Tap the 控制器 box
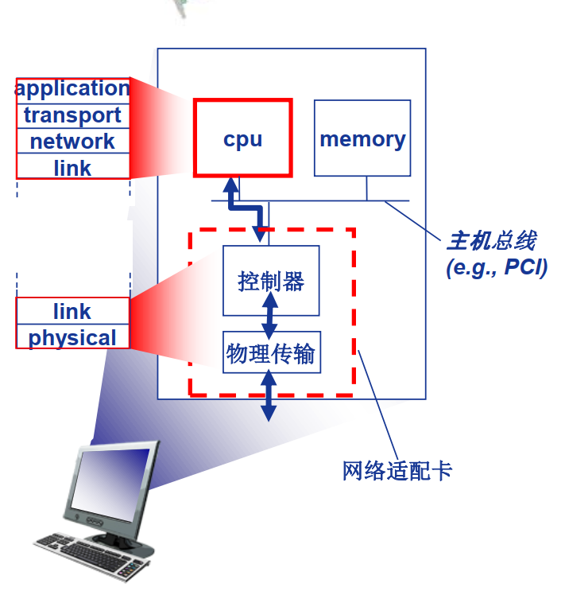[270, 280]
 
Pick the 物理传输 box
[270, 352]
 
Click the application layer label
[72, 88]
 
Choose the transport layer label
[72, 115]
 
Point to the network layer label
[72, 142]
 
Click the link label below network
[72, 168]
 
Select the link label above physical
[72, 311]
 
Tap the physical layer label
[72, 337]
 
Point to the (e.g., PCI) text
[496, 267]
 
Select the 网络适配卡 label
[397, 471]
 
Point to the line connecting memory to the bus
[367, 188]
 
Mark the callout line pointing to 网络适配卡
[378, 405]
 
